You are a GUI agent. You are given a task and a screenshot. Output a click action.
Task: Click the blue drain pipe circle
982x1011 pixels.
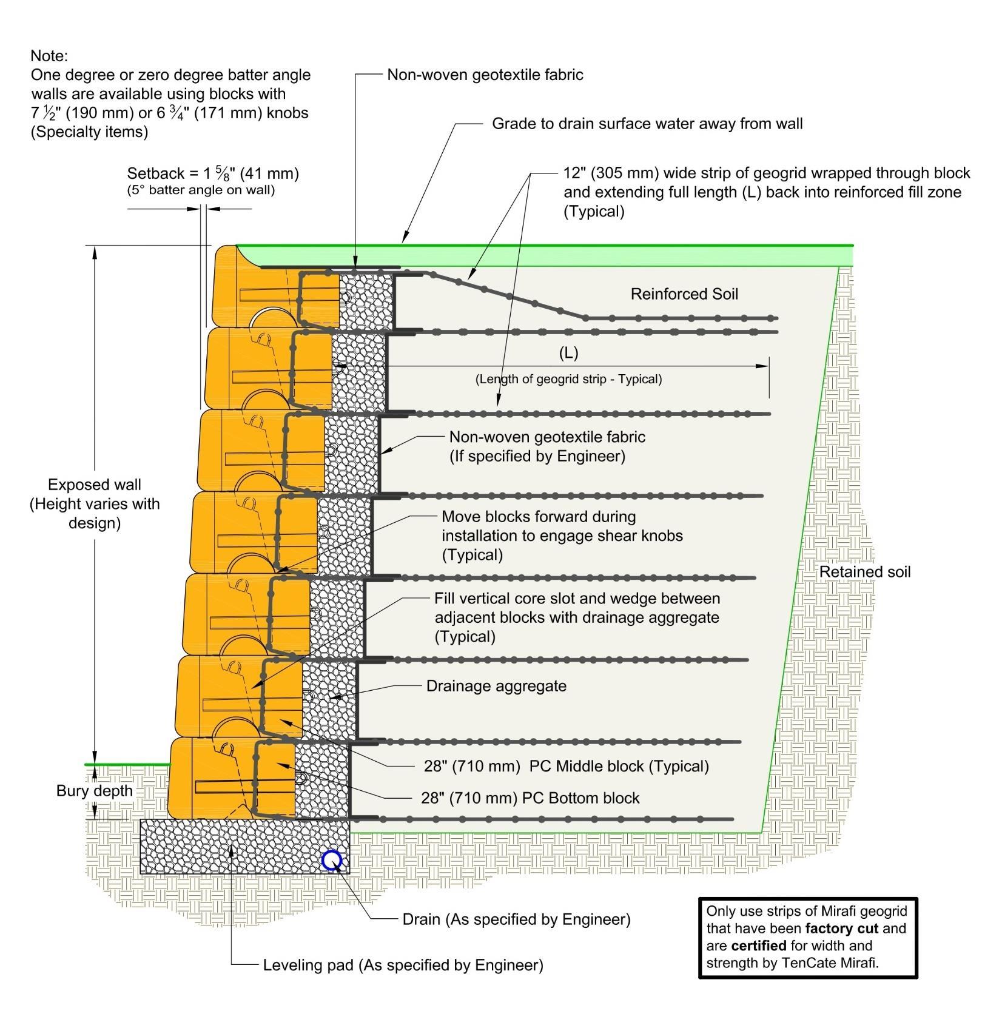tap(332, 860)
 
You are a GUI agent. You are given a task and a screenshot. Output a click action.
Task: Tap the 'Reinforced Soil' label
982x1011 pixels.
tap(684, 294)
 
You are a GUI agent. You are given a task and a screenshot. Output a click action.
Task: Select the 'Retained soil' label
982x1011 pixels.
tap(864, 572)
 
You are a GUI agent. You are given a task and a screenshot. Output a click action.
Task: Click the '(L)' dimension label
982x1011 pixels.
tap(568, 352)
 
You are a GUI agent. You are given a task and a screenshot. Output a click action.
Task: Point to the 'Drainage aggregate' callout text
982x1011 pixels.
tap(496, 686)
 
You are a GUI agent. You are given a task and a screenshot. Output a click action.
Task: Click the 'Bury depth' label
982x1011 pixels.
tap(94, 791)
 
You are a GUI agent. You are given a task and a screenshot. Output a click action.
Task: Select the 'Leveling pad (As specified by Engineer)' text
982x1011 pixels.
tap(403, 965)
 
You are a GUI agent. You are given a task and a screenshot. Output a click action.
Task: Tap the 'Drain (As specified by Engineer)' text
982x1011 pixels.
tap(516, 919)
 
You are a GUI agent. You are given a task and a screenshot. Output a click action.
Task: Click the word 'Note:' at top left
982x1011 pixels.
tap(49, 56)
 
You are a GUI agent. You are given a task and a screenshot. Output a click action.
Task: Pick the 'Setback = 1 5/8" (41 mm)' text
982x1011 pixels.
tap(213, 173)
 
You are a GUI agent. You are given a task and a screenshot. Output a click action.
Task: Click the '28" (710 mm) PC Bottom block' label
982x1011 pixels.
tap(530, 798)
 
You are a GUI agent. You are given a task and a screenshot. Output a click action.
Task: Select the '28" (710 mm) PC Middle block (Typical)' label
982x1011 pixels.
tap(566, 766)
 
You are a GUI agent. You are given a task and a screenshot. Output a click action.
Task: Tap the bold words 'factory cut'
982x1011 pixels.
tap(841, 929)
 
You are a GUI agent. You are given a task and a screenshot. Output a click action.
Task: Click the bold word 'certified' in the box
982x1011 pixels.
tap(758, 946)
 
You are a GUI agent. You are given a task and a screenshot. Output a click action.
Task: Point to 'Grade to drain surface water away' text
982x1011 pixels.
tap(647, 124)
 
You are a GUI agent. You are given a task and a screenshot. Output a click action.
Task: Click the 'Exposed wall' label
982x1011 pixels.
tap(95, 485)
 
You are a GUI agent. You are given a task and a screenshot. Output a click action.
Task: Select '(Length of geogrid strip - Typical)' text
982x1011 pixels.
tap(568, 379)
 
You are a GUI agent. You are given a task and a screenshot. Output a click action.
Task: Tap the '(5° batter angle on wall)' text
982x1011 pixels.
tap(201, 190)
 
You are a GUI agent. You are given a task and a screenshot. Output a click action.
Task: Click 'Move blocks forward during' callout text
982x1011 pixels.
tap(538, 517)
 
